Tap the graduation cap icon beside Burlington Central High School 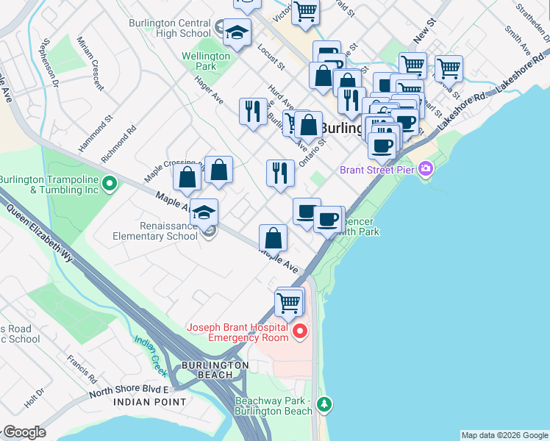click(x=237, y=32)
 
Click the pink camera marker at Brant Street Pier click(x=425, y=171)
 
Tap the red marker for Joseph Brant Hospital click(x=300, y=333)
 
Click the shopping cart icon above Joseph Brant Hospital click(x=289, y=301)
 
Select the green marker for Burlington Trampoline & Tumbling click(x=110, y=183)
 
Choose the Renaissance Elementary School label click(x=155, y=232)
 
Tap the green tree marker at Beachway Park click(x=324, y=404)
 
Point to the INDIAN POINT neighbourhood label click(x=142, y=403)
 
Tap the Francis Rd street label click(x=82, y=370)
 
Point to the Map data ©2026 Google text click(x=504, y=435)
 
